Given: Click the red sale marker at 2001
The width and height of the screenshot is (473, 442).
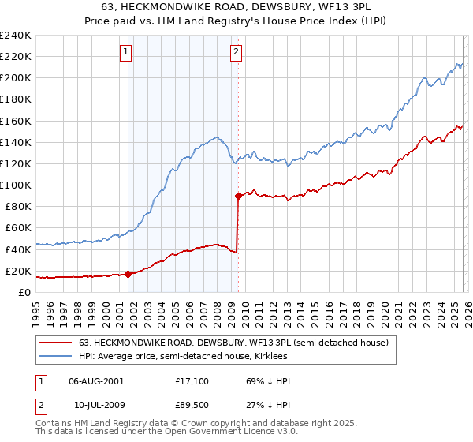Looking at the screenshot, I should (x=128, y=274).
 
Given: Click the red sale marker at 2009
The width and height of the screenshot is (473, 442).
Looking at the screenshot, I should (x=238, y=196).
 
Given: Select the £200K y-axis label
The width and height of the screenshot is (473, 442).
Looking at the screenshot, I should (x=15, y=78).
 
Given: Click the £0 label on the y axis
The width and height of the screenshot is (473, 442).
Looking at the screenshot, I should (x=24, y=292).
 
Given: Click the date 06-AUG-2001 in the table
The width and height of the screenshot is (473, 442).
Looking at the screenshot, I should (x=96, y=381).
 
